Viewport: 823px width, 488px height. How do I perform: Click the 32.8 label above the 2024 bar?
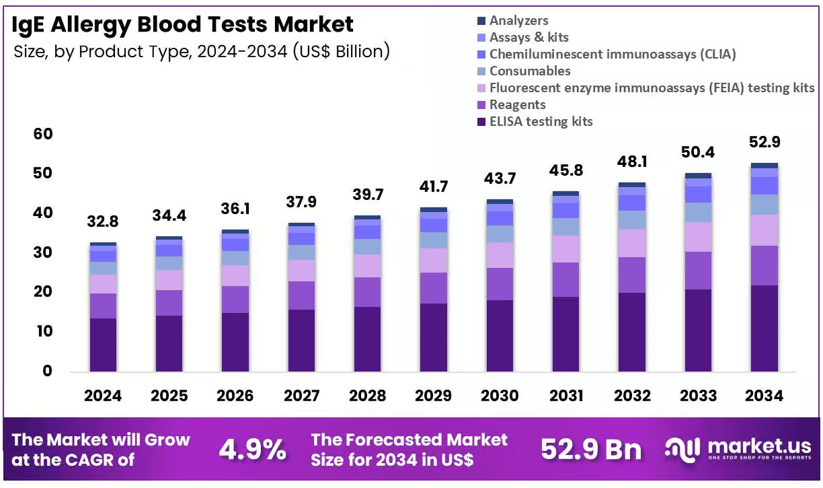(x=102, y=221)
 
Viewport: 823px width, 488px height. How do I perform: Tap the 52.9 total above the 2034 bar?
(x=765, y=142)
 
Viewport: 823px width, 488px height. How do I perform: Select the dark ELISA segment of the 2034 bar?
(x=765, y=328)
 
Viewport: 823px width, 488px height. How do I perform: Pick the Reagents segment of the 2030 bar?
(x=500, y=284)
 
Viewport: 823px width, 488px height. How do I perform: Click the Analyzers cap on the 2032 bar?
(x=632, y=184)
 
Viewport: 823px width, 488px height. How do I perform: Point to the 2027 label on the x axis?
(x=301, y=396)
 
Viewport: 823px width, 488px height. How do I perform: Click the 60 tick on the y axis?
(x=43, y=134)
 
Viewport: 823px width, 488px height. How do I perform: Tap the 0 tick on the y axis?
(x=47, y=371)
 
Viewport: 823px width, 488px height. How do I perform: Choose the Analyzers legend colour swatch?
(x=481, y=21)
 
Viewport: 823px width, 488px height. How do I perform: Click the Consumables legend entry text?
(x=530, y=71)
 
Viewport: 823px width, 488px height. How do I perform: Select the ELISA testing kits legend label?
(x=541, y=121)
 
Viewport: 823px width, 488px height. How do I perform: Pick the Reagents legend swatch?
(x=481, y=105)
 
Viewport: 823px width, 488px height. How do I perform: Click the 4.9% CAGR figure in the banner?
(x=252, y=449)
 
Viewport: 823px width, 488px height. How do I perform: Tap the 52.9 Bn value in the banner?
(x=591, y=449)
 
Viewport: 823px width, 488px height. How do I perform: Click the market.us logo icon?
(x=682, y=450)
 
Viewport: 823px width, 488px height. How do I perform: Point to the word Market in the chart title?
(x=313, y=24)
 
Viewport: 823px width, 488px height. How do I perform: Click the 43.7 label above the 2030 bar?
(x=500, y=178)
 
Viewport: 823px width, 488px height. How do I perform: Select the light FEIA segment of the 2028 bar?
(x=367, y=266)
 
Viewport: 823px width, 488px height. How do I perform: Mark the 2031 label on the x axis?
(x=566, y=396)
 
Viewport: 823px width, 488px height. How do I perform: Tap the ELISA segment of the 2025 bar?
(x=169, y=343)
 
